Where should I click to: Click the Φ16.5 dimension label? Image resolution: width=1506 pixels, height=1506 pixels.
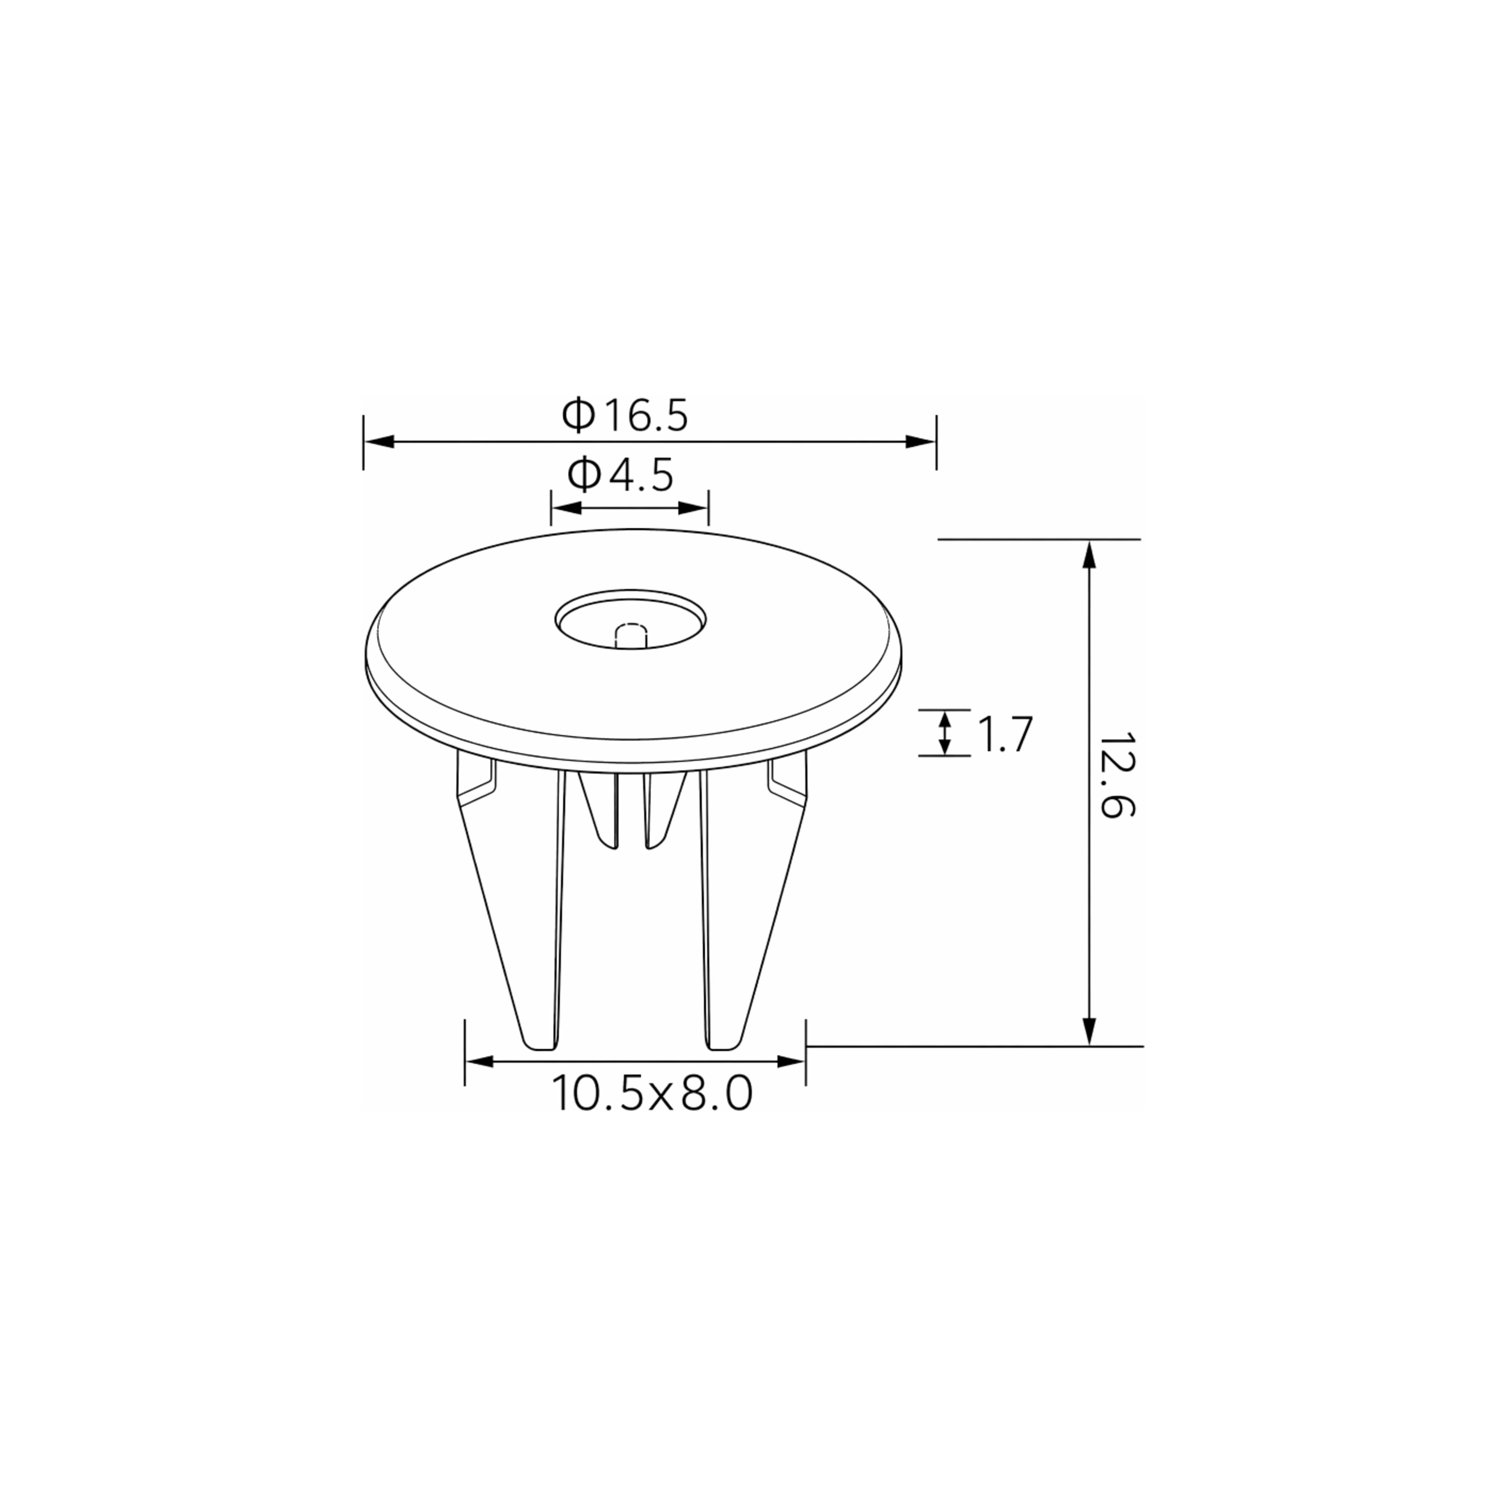(x=625, y=416)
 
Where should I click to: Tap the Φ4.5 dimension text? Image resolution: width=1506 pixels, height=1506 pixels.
(x=620, y=475)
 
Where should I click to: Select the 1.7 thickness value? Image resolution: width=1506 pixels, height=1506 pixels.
(x=1005, y=734)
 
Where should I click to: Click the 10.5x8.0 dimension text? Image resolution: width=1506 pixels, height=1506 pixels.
(x=652, y=1093)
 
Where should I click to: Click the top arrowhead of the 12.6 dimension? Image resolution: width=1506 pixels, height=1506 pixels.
(x=1090, y=555)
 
